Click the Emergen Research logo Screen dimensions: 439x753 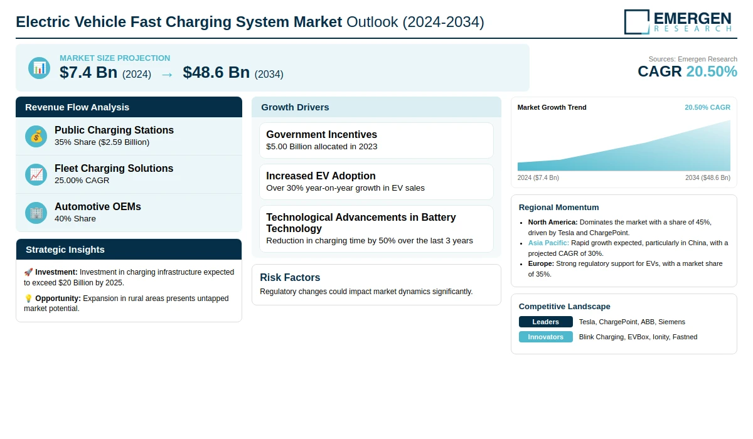(678, 21)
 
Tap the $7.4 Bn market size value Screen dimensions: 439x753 (88, 73)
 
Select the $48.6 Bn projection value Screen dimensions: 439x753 (216, 73)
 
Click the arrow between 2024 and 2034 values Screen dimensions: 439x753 (167, 74)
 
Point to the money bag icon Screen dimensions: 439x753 (36, 136)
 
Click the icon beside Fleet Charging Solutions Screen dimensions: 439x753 (36, 174)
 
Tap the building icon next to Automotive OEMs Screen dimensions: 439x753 (36, 213)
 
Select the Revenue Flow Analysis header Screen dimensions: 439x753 (77, 107)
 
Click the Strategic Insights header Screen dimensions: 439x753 (65, 250)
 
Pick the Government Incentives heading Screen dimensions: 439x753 (321, 135)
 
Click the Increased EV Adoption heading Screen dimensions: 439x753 (321, 176)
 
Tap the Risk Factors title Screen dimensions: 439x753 (290, 278)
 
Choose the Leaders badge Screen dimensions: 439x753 (545, 322)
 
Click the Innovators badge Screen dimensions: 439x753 (545, 337)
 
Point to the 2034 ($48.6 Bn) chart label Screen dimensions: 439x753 (707, 178)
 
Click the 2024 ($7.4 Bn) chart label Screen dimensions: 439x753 (538, 178)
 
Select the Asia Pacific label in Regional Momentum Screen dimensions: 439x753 (548, 243)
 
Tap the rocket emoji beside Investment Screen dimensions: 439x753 (28, 273)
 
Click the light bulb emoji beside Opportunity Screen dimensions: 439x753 (28, 299)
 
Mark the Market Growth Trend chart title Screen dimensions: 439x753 (552, 107)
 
